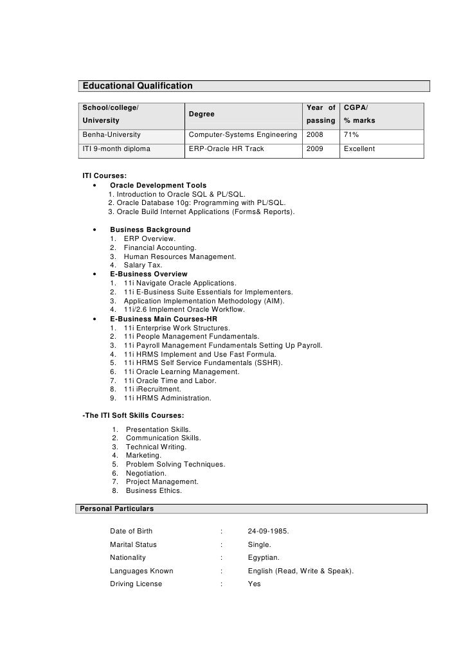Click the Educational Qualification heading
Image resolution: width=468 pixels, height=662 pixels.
point(137,86)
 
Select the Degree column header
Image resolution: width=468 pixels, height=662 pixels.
point(201,113)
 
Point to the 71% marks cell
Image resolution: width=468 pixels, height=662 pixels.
point(352,135)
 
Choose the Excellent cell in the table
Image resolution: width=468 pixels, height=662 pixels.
point(359,149)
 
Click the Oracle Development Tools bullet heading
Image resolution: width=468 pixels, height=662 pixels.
point(158,185)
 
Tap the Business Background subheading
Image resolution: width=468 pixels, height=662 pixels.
point(150,229)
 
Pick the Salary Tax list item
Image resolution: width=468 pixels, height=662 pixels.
point(143,265)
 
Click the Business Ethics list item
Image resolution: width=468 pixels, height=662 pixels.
point(154,490)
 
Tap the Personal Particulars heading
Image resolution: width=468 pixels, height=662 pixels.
point(115,508)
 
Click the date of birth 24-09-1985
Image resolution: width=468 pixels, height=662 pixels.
point(268,531)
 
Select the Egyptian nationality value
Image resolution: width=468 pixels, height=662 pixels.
point(264,557)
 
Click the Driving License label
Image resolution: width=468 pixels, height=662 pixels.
point(136,584)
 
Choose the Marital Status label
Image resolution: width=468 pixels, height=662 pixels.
point(133,544)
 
